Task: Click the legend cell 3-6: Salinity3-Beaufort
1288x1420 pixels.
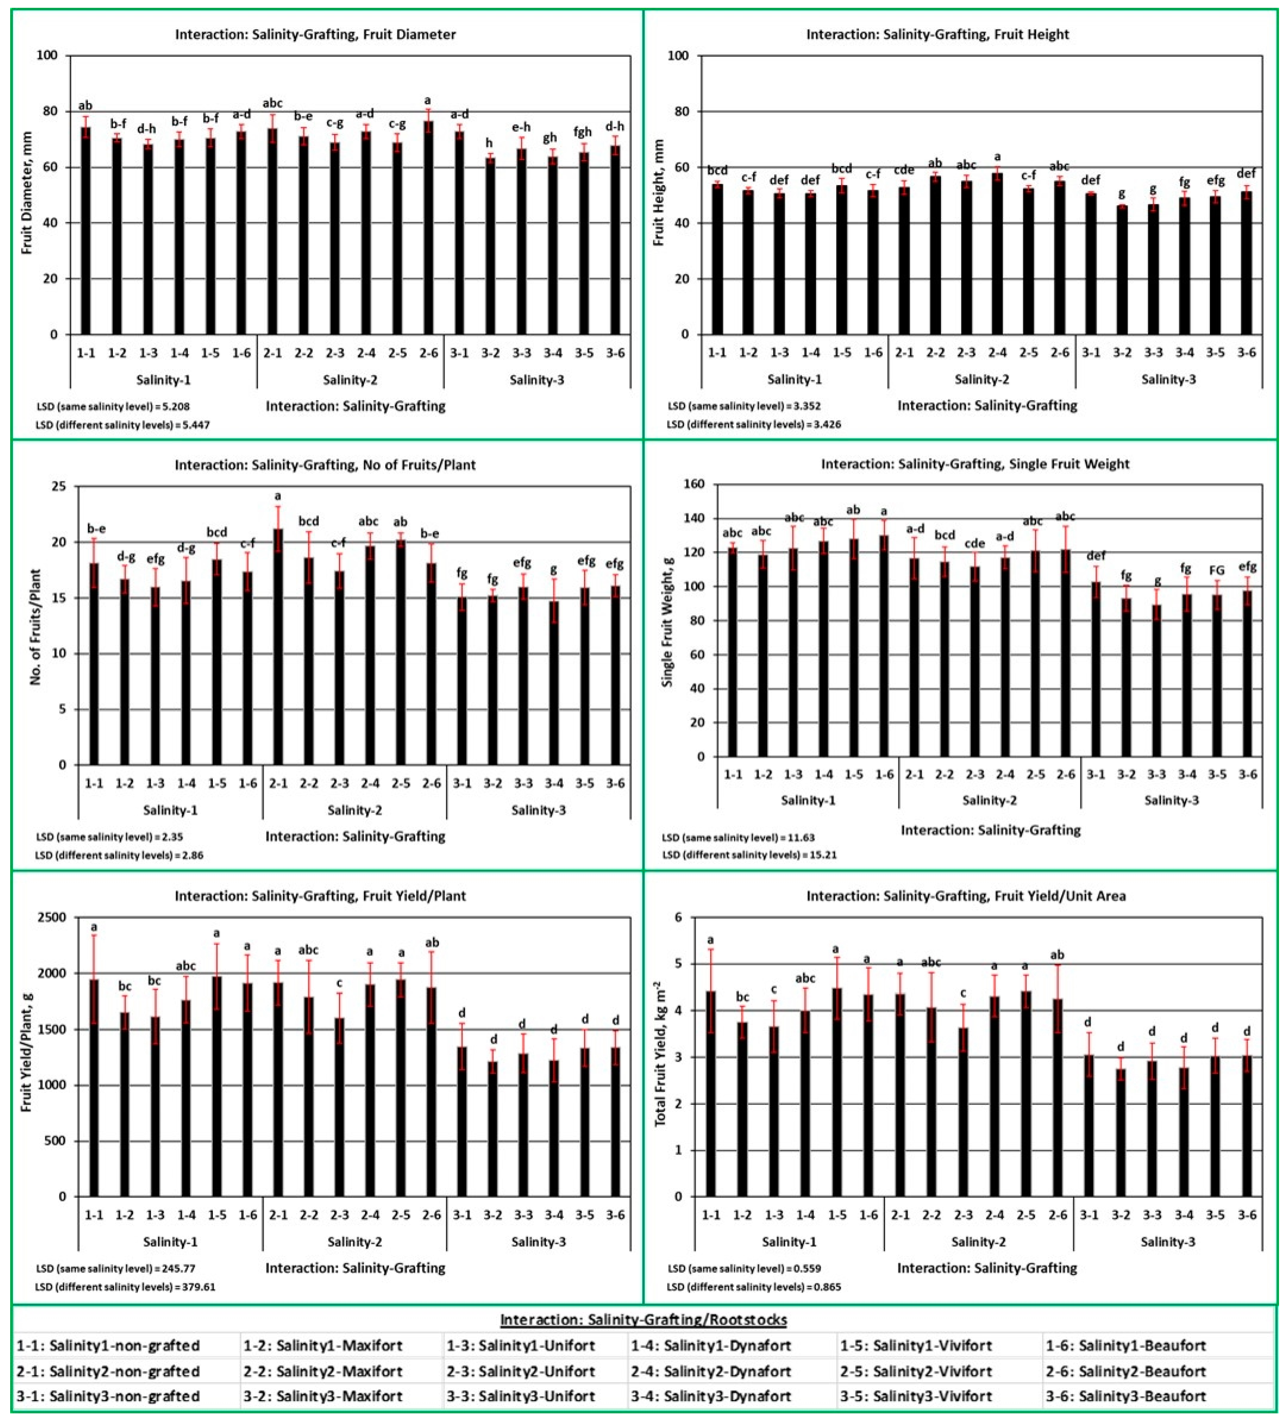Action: pos(1125,1396)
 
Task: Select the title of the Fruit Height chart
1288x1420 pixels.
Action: pos(937,34)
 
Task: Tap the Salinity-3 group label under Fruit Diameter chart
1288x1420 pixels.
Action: pos(536,380)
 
